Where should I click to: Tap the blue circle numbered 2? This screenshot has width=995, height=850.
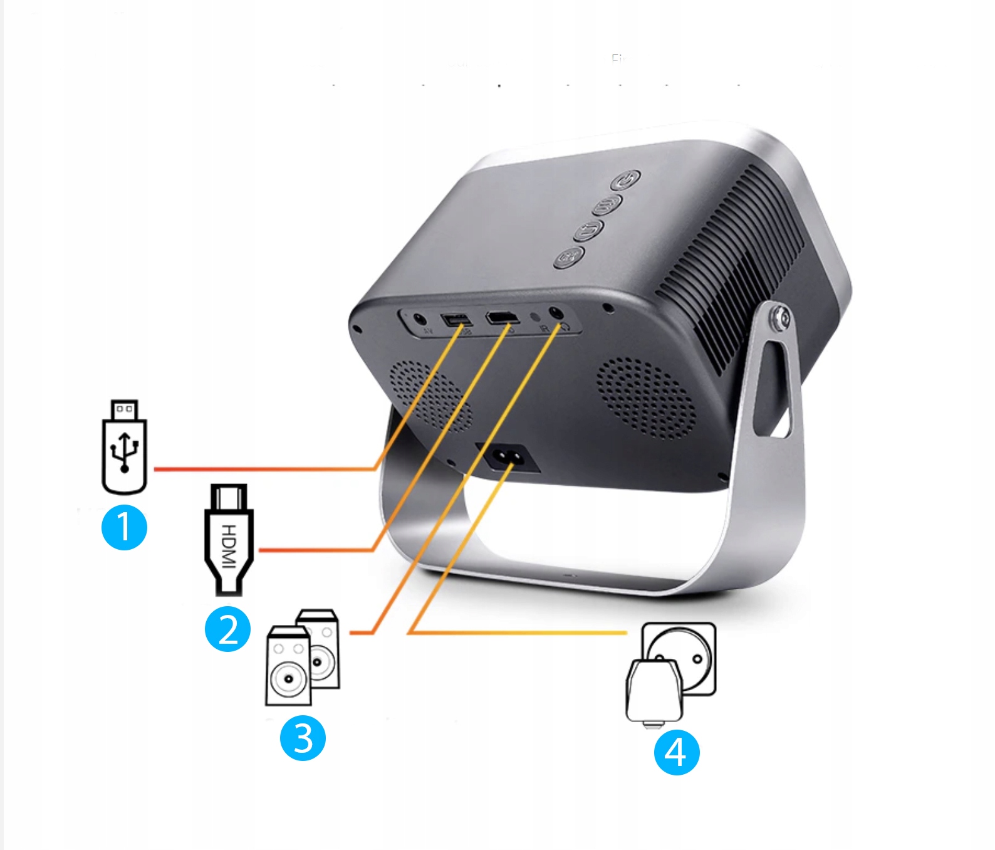tap(227, 629)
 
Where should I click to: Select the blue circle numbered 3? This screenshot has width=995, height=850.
tap(303, 738)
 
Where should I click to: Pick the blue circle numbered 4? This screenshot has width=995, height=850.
tap(676, 752)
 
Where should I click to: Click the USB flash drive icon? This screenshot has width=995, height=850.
tap(124, 447)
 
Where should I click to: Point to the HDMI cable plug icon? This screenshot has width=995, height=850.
tap(229, 539)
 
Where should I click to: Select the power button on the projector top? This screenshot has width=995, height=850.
tap(626, 180)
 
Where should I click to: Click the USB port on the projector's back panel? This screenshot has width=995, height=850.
tap(456, 320)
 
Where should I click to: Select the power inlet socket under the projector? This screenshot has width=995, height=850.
tap(508, 457)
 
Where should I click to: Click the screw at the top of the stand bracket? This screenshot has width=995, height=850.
tap(780, 318)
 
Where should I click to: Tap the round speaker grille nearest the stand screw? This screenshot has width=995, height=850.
tap(646, 397)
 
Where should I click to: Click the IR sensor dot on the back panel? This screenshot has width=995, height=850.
tap(535, 317)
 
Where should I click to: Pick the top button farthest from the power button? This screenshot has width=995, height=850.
tap(569, 256)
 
